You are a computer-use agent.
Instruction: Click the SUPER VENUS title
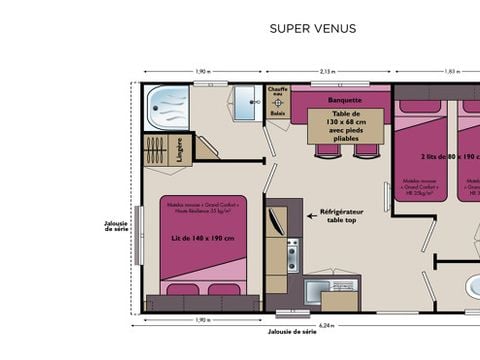point(312,29)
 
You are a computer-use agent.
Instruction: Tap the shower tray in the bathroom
point(167,108)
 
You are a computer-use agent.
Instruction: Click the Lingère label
point(180,151)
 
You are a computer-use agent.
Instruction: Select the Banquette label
point(343,100)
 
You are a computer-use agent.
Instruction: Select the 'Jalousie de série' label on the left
point(116,226)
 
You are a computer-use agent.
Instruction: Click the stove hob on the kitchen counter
point(292,255)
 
